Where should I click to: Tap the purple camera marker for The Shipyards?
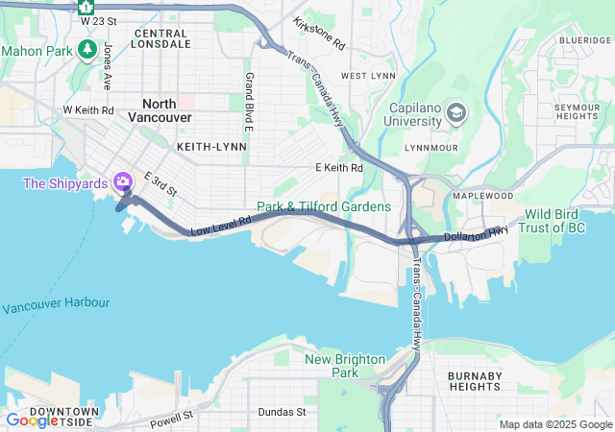(122, 181)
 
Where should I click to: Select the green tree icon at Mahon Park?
(87, 49)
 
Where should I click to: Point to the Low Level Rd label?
(221, 226)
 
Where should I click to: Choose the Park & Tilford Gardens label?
(324, 206)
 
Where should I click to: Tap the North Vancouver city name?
(167, 109)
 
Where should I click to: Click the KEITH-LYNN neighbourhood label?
(211, 147)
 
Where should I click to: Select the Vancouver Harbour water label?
(55, 306)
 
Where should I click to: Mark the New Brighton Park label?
(345, 366)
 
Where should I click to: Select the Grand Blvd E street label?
(248, 102)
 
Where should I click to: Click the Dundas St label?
(282, 412)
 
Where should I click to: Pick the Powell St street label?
(172, 419)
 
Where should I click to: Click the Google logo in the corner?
(32, 420)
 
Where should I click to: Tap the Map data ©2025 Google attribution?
(554, 424)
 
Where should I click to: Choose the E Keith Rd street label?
(339, 168)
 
